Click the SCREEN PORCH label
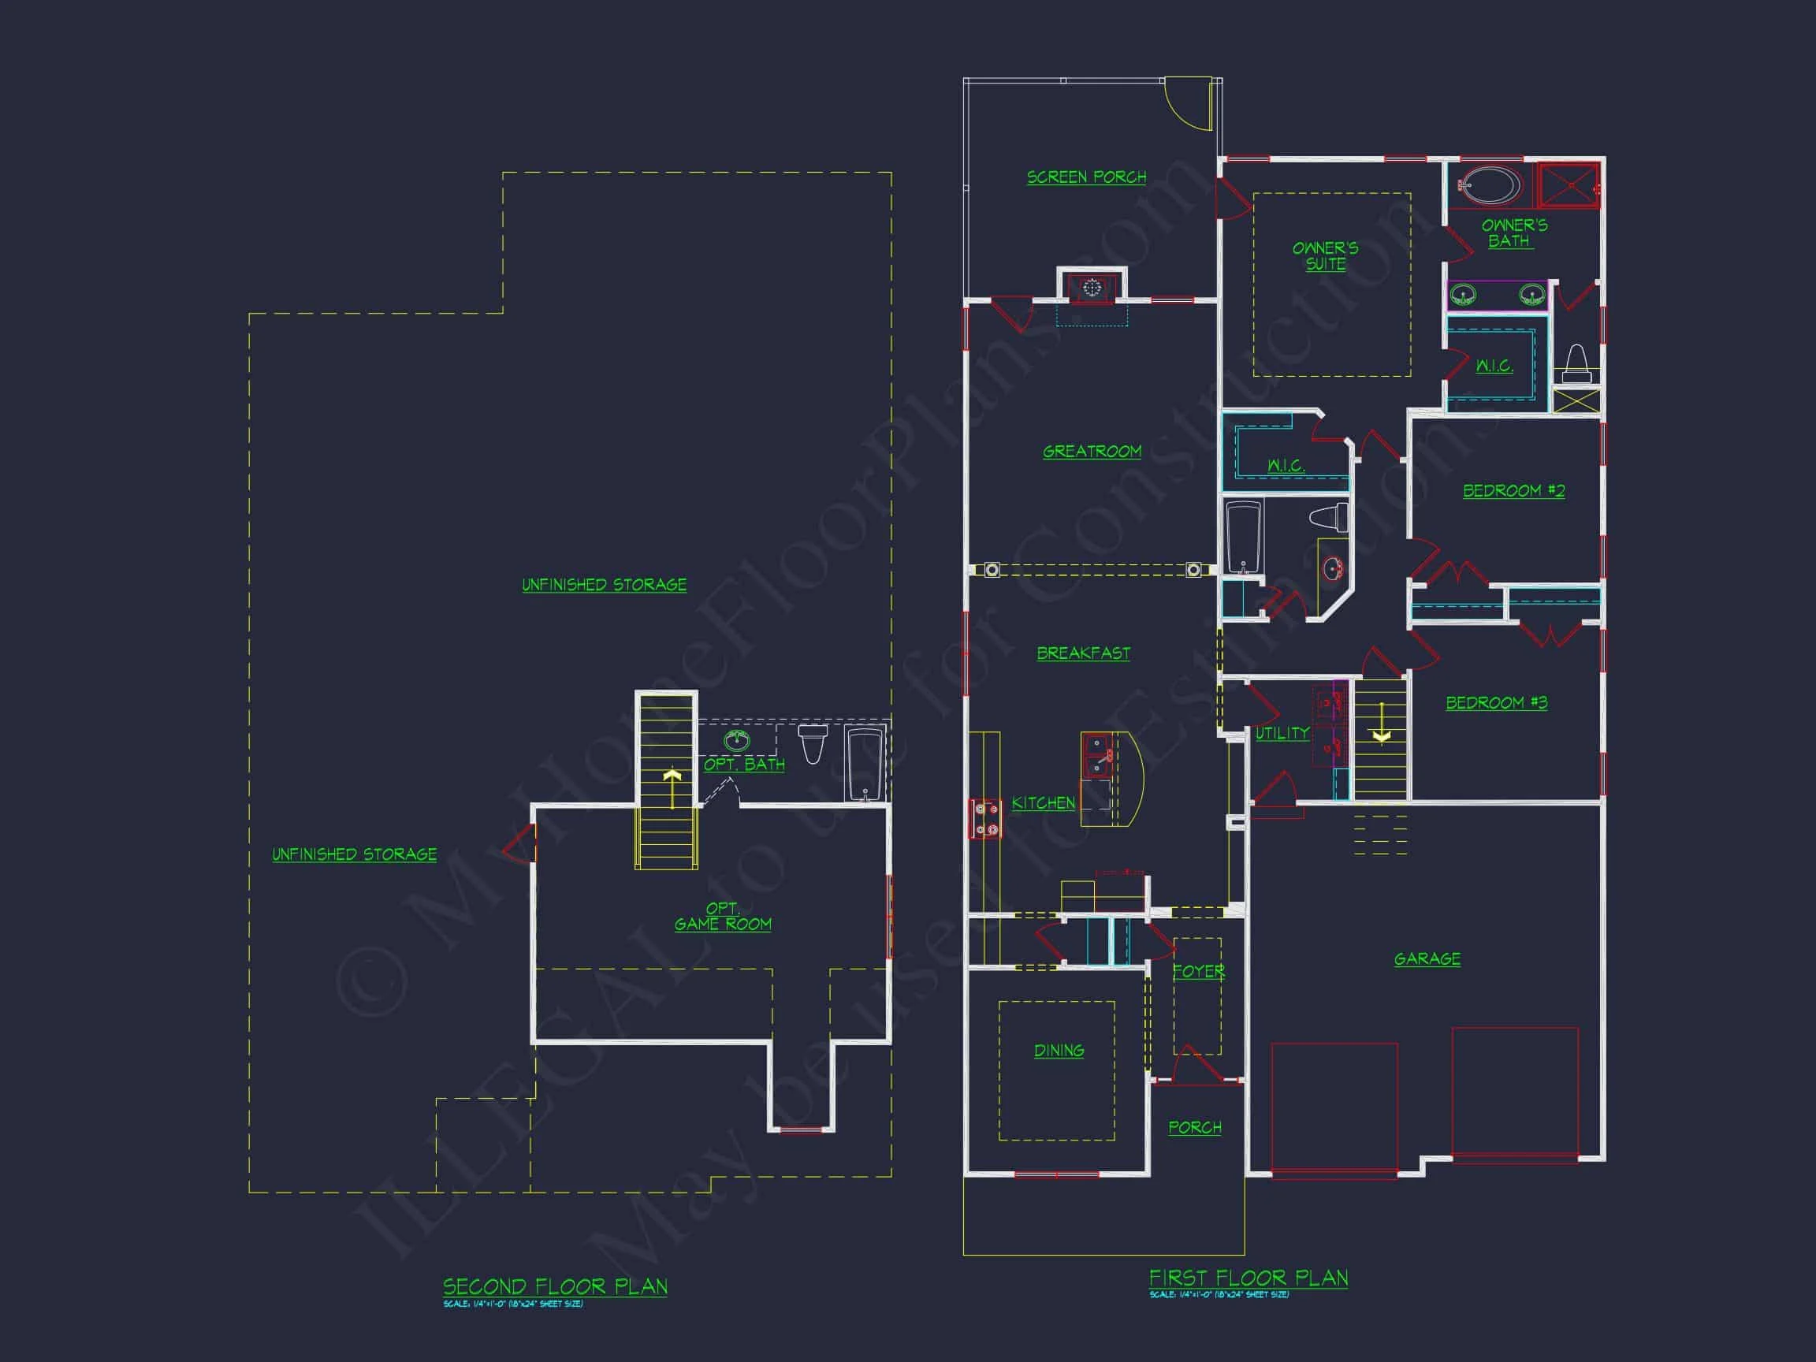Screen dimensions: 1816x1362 pos(1086,177)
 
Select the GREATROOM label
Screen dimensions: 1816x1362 pos(1092,452)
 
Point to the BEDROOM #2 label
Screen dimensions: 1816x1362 pos(1514,491)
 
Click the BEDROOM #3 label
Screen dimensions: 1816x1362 pos(1496,703)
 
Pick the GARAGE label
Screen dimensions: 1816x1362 pos(1427,959)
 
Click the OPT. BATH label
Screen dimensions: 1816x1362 pos(744,765)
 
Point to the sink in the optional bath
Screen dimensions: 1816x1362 pos(736,741)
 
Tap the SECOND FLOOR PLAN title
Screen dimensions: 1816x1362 pos(555,1286)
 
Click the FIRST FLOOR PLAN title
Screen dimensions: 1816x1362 pos(1248,1278)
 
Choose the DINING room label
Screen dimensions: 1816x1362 pos(1059,1050)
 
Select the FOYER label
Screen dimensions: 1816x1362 pos(1198,971)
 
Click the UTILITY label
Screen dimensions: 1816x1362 pos(1282,733)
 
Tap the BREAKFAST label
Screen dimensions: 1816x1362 pos(1083,653)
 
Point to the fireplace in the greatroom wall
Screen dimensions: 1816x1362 pos(1091,288)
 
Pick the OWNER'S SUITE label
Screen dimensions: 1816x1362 pos(1325,255)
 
